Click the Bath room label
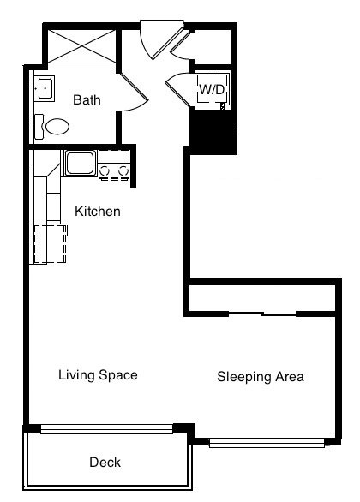click(x=87, y=99)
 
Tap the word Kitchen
click(x=98, y=212)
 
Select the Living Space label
click(x=98, y=375)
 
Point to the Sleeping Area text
click(x=261, y=377)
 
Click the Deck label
click(x=105, y=463)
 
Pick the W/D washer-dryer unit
click(x=212, y=89)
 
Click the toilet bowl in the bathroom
click(x=57, y=127)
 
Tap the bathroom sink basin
click(x=45, y=87)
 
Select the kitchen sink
click(x=80, y=164)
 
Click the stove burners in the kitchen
click(x=114, y=171)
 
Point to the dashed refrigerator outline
click(x=51, y=244)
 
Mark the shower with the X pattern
click(x=81, y=46)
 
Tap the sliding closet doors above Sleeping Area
click(x=262, y=314)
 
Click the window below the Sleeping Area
click(x=267, y=443)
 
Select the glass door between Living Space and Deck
click(x=106, y=429)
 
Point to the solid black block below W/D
click(x=213, y=131)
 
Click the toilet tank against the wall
click(x=39, y=127)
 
